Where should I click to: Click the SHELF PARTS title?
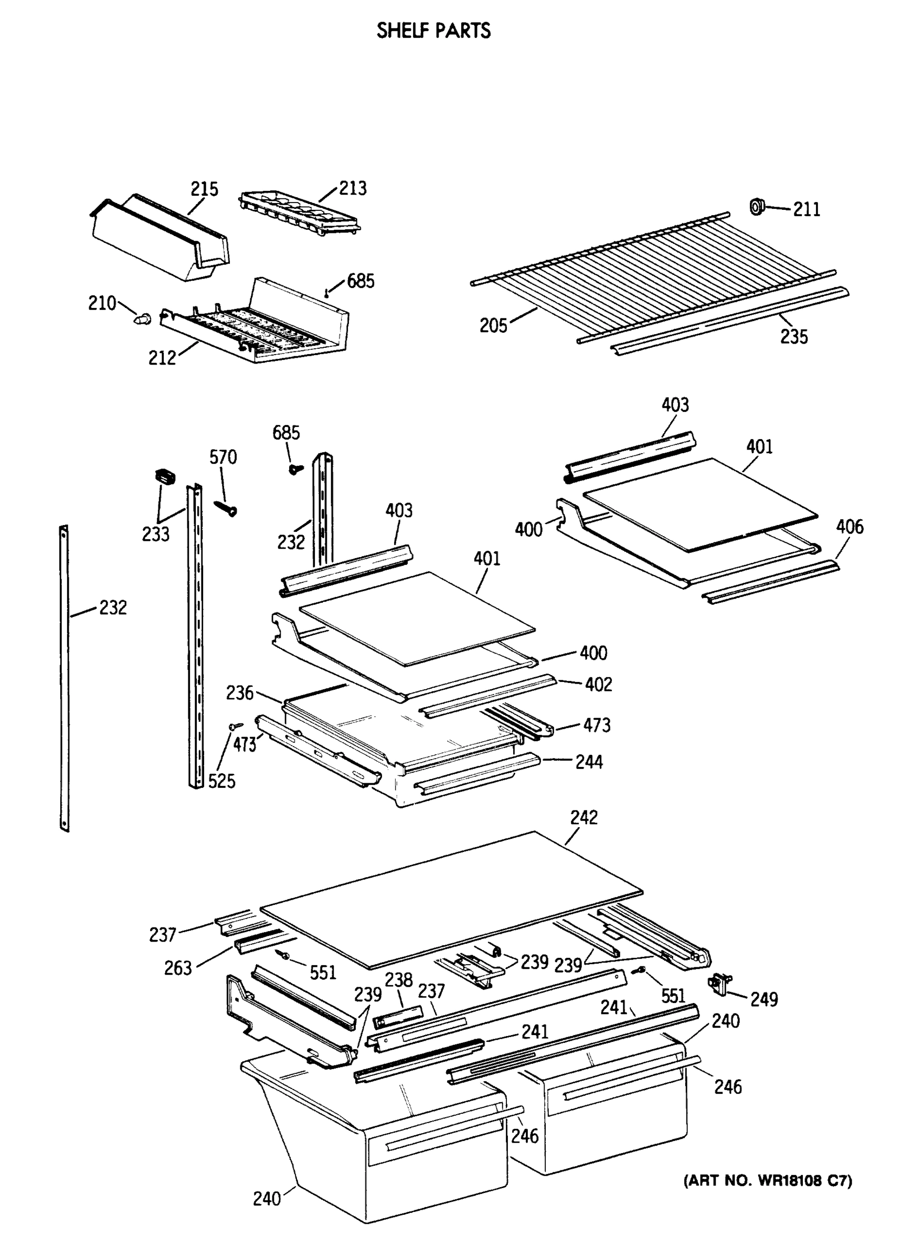coord(433,30)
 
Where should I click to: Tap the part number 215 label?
coord(205,189)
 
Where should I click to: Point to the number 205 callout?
coord(494,325)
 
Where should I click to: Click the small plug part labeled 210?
coord(143,318)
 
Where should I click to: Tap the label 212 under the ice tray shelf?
coord(162,358)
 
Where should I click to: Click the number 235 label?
coord(794,337)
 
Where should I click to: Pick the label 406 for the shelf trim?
coord(850,527)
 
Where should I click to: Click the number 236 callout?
coord(239,693)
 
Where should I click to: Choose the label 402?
coord(598,685)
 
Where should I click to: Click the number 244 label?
coord(589,762)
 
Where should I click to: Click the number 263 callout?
coord(178,969)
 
